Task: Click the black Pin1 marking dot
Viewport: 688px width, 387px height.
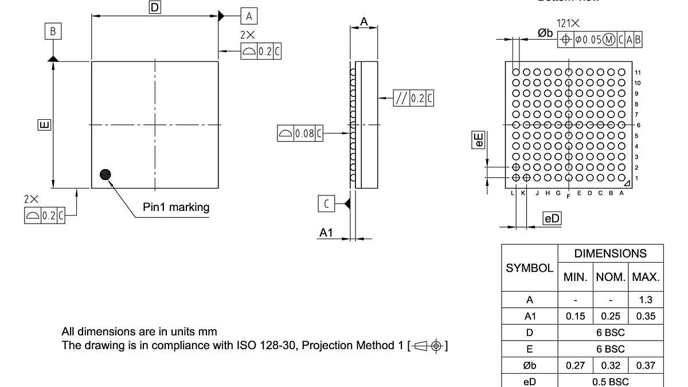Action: pyautogui.click(x=105, y=175)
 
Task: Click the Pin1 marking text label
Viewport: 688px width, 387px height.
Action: pyautogui.click(x=176, y=207)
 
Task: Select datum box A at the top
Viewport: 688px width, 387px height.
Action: pyautogui.click(x=249, y=16)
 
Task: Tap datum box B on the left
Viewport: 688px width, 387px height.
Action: pyautogui.click(x=53, y=32)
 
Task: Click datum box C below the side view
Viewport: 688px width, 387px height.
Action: pyautogui.click(x=326, y=204)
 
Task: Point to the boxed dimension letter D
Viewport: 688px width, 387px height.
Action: pyautogui.click(x=155, y=7)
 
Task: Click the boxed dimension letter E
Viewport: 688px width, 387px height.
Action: pyautogui.click(x=44, y=124)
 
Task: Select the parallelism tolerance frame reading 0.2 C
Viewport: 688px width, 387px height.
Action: pyautogui.click(x=413, y=98)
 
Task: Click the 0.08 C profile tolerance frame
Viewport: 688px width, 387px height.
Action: pyautogui.click(x=300, y=134)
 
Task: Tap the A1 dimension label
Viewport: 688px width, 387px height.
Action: pyautogui.click(x=326, y=233)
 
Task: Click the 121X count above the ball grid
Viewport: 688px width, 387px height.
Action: pyautogui.click(x=568, y=24)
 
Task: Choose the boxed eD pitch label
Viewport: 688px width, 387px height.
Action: pyautogui.click(x=552, y=218)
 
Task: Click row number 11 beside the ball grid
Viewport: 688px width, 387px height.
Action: pyautogui.click(x=638, y=73)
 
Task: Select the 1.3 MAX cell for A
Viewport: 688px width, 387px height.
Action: pyautogui.click(x=646, y=299)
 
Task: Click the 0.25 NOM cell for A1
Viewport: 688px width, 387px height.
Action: pyautogui.click(x=611, y=316)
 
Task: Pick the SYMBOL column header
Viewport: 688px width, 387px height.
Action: pyautogui.click(x=529, y=268)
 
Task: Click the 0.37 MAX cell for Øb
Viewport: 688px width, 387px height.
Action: pyautogui.click(x=646, y=365)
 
